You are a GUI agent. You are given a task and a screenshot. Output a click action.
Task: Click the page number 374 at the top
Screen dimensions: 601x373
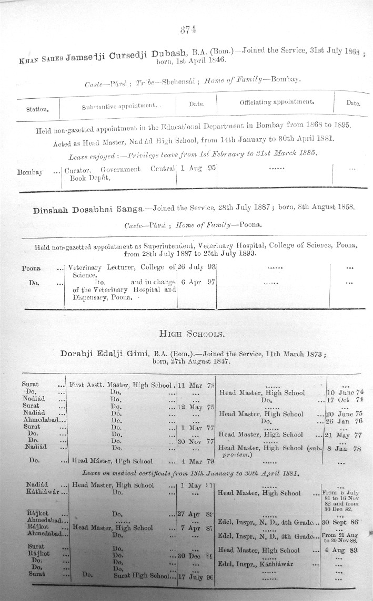point(188,30)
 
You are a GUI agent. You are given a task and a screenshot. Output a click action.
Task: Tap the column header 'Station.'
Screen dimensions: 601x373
point(38,109)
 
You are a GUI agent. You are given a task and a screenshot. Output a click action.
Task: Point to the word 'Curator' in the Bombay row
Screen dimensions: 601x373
point(76,169)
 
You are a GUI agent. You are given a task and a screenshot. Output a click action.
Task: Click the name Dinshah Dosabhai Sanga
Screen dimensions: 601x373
point(88,210)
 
